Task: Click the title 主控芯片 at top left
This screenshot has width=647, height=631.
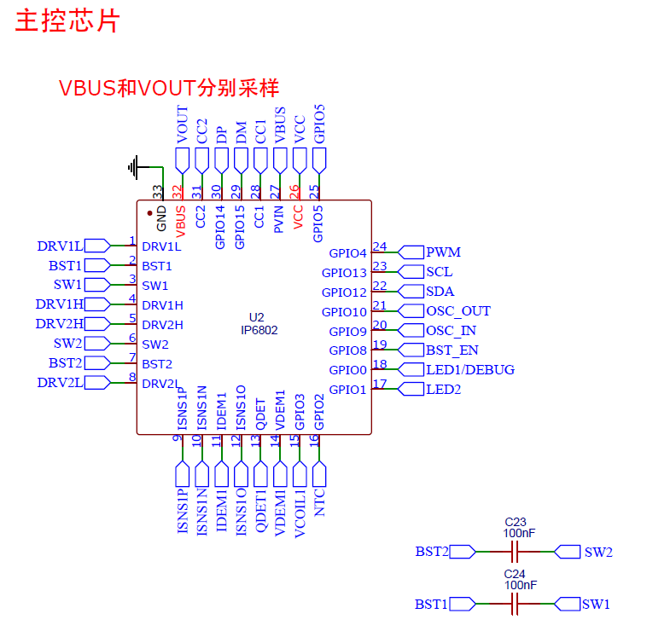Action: pyautogui.click(x=67, y=21)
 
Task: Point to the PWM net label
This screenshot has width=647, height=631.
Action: pyautogui.click(x=443, y=252)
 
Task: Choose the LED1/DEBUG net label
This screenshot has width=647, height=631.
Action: pyautogui.click(x=469, y=370)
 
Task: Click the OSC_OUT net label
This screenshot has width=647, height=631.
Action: pyautogui.click(x=458, y=311)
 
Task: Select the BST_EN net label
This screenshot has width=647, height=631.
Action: pyautogui.click(x=452, y=350)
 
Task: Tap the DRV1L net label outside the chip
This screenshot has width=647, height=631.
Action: pyautogui.click(x=60, y=246)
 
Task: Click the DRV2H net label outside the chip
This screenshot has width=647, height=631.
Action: pyautogui.click(x=60, y=324)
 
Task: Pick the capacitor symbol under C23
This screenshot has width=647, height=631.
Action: pyautogui.click(x=516, y=552)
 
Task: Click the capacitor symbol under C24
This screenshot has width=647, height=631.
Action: pyautogui.click(x=516, y=605)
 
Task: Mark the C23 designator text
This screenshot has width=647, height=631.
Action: pyautogui.click(x=516, y=522)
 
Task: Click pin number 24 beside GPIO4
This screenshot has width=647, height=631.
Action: pyautogui.click(x=380, y=247)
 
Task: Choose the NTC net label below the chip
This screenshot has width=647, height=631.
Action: pyautogui.click(x=320, y=507)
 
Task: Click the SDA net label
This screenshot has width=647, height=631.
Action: pyautogui.click(x=440, y=292)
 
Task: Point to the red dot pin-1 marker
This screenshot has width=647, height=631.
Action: pyautogui.click(x=150, y=212)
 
